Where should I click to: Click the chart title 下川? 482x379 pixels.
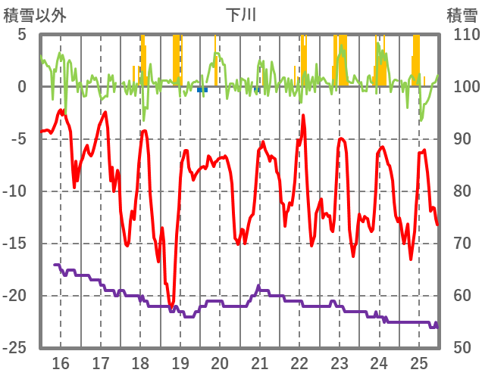(241, 14)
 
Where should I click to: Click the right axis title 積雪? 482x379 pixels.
(462, 14)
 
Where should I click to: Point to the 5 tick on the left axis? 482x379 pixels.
(22, 35)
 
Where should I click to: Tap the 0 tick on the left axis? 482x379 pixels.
(22, 87)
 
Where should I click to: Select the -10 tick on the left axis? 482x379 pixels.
(17, 191)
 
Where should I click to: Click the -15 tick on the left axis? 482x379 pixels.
(17, 244)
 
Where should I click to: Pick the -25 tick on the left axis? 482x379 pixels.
(17, 348)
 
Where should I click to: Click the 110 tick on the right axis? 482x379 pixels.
(462, 35)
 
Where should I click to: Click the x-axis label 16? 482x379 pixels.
(61, 362)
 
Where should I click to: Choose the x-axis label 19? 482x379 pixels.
(180, 362)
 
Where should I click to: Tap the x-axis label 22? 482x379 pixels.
(300, 362)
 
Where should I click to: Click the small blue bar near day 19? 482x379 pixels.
(202, 89)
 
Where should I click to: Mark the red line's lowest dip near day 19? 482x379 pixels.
(172, 306)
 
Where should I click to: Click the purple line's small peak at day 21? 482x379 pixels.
(258, 286)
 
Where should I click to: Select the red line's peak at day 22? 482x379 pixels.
(303, 116)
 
